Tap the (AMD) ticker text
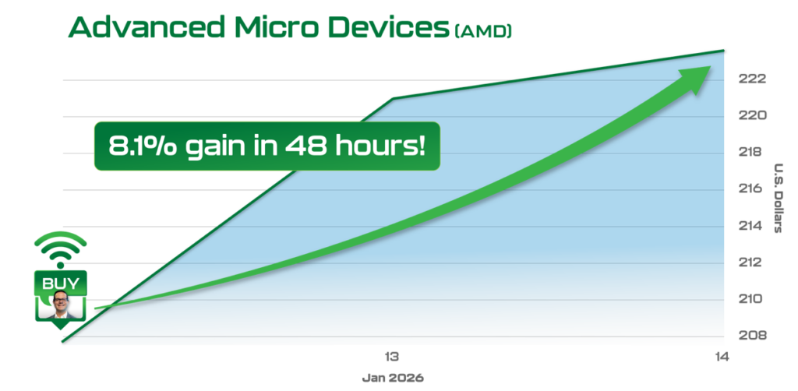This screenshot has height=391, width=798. coord(482,30)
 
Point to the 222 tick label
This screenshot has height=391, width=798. coord(752,79)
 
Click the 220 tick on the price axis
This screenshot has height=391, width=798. coord(752,115)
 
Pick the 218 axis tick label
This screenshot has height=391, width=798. coord(752,152)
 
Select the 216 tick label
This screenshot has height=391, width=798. coord(752,188)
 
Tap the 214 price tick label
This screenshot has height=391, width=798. coord(752,225)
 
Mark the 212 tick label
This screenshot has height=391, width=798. coord(752,262)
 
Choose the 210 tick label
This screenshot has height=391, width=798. coord(752,298)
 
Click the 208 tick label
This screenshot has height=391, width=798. coord(752,335)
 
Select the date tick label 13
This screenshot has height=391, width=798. coord(391,357)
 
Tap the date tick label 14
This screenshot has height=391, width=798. coord(722,357)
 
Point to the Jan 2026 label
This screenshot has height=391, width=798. coord(393,379)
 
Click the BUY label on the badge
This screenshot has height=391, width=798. coord(61,284)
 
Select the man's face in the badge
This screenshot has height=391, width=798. coord(61,302)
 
